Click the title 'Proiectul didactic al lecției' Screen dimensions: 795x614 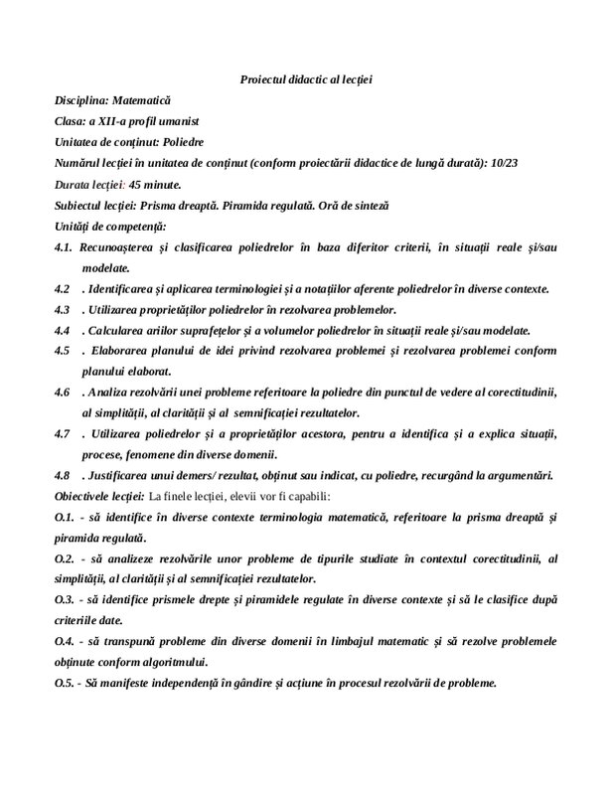pos(306,79)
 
